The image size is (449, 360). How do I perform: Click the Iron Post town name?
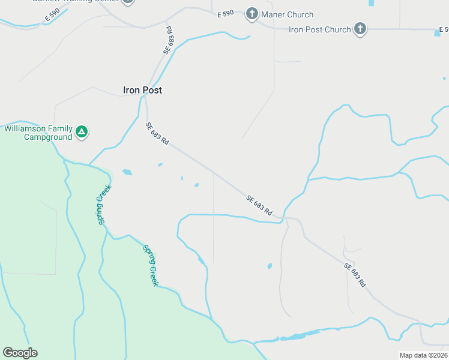(142, 90)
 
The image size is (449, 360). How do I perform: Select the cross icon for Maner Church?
(252, 14)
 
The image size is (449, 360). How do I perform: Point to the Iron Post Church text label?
(319, 29)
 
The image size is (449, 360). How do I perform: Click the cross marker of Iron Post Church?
(360, 29)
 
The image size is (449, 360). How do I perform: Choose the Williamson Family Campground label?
(39, 133)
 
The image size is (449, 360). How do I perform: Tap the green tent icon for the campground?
(82, 132)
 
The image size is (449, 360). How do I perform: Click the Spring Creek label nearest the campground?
(101, 209)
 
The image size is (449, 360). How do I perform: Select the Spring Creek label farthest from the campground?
(150, 265)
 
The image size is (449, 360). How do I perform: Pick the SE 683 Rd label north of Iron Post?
(168, 41)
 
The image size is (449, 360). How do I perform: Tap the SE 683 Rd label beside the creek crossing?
(259, 205)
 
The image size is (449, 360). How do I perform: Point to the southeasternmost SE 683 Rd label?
(355, 275)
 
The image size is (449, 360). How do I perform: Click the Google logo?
(20, 353)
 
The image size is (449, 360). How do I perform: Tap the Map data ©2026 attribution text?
(423, 355)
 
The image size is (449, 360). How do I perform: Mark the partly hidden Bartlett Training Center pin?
(127, 2)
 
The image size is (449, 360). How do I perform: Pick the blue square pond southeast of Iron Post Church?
(437, 33)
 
